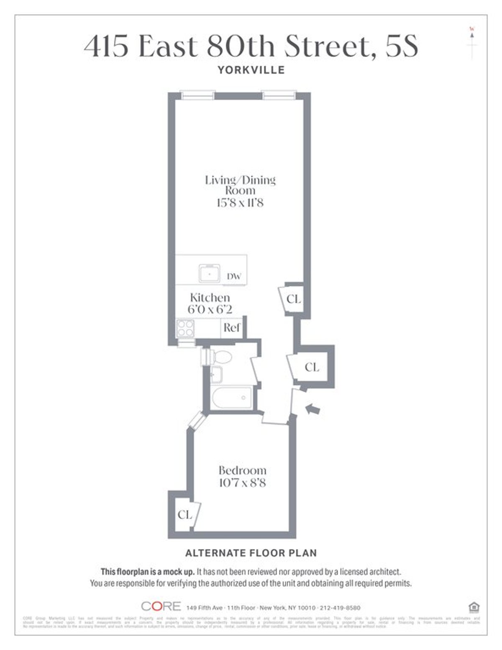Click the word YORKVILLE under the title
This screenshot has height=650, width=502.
point(251,70)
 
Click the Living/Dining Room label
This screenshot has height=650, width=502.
point(240,185)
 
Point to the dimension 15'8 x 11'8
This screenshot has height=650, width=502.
point(240,203)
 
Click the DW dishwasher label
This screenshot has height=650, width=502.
point(234,276)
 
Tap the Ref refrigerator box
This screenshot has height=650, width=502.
point(231,328)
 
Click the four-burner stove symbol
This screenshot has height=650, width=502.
point(185,328)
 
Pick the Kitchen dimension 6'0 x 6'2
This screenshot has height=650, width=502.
point(210,310)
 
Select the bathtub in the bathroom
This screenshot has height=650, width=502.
point(232,397)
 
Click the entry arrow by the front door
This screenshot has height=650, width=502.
point(313,408)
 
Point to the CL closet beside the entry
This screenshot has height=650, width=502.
point(312,367)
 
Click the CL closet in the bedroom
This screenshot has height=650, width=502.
point(184,515)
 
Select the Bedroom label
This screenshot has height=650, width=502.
point(243,470)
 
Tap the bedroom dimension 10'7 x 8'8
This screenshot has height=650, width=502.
point(243,483)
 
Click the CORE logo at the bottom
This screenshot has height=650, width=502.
point(161,606)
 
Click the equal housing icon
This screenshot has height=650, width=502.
point(474,607)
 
